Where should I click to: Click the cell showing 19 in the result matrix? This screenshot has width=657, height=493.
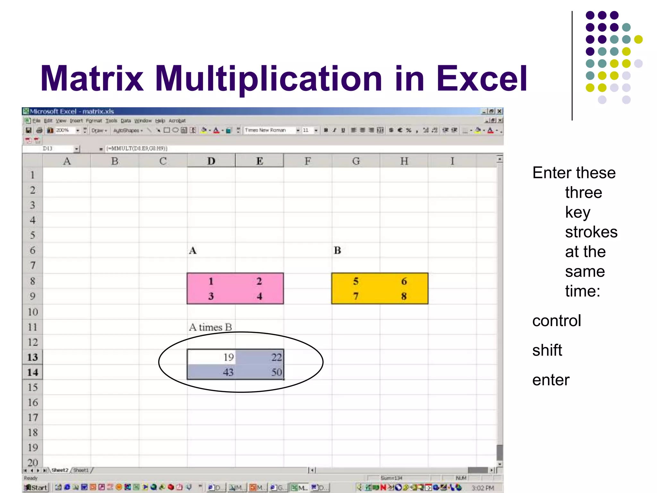click(228, 357)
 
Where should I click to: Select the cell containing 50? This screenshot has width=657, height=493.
click(276, 372)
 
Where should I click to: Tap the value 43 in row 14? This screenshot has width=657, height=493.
click(228, 372)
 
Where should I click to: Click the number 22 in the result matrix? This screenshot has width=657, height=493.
click(276, 357)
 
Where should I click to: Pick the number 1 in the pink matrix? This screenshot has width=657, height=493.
click(211, 281)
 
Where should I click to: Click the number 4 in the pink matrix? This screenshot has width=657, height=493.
click(259, 296)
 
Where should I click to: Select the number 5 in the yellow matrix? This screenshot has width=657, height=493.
click(356, 281)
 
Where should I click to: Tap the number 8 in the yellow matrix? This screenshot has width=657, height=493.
click(404, 296)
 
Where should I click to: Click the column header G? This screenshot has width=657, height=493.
click(356, 161)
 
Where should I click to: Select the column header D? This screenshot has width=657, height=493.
click(211, 161)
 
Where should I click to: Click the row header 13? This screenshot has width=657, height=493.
click(32, 357)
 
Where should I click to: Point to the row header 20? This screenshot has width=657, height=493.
click(32, 463)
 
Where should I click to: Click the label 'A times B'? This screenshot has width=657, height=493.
click(210, 327)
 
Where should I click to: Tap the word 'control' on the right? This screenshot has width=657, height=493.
click(557, 321)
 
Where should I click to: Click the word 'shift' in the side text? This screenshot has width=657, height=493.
click(547, 350)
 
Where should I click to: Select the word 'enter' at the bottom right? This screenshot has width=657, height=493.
click(551, 380)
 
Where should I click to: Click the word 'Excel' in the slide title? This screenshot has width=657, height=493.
click(482, 79)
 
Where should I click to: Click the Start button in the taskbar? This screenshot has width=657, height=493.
click(36, 488)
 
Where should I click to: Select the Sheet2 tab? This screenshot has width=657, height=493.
click(60, 470)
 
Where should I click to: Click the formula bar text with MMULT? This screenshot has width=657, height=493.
click(137, 148)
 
